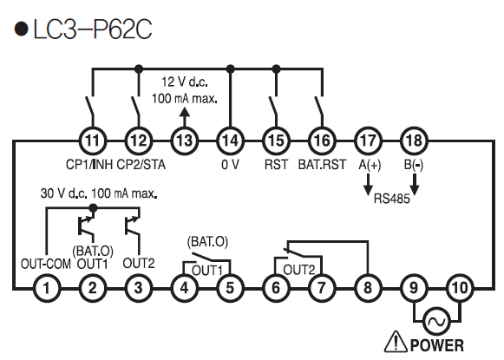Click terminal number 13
(185, 141)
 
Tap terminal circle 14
(230, 141)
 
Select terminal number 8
(368, 288)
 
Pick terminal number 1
(47, 288)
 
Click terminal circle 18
(414, 141)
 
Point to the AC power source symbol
(437, 321)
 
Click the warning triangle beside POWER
(396, 342)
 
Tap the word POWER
(437, 345)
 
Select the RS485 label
(392, 199)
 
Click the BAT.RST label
(322, 165)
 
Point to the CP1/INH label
(89, 165)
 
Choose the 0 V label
(230, 165)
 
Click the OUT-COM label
(46, 264)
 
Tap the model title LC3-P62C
(93, 29)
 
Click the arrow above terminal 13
(184, 117)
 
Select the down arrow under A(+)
(369, 185)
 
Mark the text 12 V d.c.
(185, 82)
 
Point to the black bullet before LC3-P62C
(22, 29)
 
